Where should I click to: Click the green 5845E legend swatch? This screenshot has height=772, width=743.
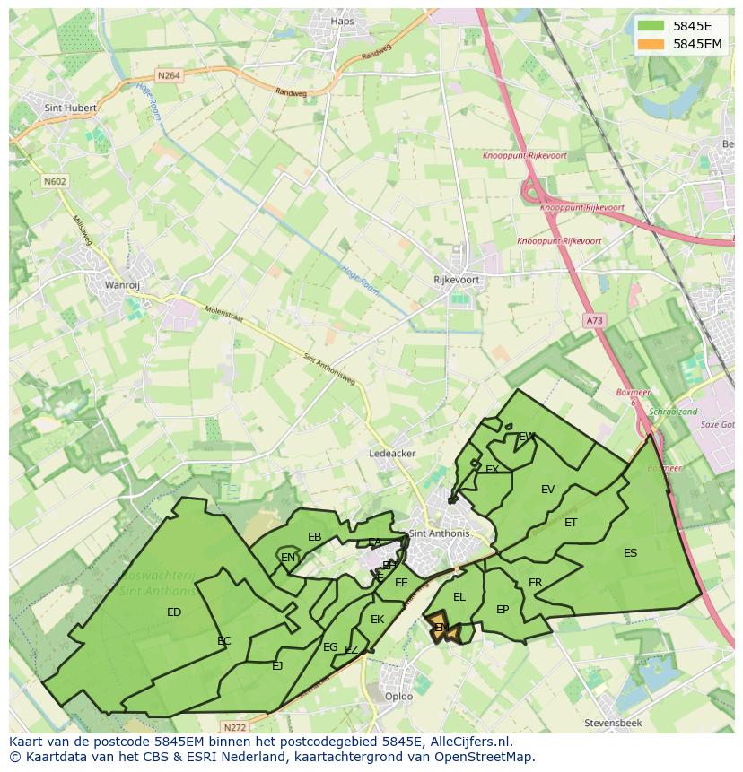[x=651, y=26]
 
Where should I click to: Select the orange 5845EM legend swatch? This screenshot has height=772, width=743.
[x=651, y=44]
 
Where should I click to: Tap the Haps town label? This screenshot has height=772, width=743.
[x=343, y=22]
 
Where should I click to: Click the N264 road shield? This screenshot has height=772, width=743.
[x=169, y=76]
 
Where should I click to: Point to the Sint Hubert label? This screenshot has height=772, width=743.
[x=70, y=108]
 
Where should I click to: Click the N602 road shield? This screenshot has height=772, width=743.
[x=55, y=181]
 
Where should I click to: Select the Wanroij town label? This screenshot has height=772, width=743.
[x=123, y=286]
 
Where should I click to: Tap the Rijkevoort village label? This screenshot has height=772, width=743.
[x=456, y=280]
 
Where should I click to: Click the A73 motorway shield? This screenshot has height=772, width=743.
[x=594, y=320]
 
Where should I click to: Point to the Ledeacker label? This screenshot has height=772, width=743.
[x=392, y=454]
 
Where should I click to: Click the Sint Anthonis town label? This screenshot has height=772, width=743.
[x=439, y=533]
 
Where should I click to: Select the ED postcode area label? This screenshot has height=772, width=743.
[x=174, y=612]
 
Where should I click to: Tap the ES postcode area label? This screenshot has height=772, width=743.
[x=630, y=553]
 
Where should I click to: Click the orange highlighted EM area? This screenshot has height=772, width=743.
[x=441, y=628]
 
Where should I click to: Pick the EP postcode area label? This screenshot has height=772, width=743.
[x=503, y=610]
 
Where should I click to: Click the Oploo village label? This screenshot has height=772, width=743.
[x=398, y=697]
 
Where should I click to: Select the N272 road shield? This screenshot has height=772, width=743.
[x=235, y=727]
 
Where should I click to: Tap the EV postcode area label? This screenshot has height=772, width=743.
[x=547, y=490]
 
